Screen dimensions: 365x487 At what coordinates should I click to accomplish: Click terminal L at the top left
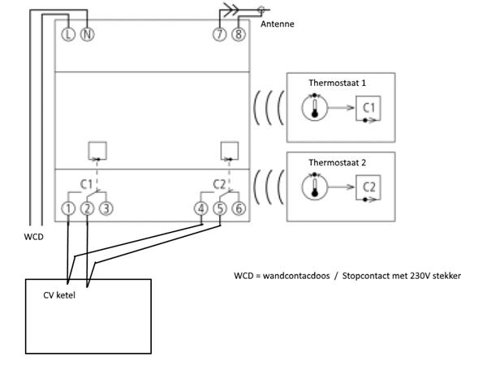(x=68, y=35)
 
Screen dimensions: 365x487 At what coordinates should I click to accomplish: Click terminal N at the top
(x=87, y=35)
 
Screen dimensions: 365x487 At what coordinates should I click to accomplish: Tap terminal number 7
(x=220, y=35)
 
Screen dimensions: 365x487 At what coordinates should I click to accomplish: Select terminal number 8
(x=238, y=35)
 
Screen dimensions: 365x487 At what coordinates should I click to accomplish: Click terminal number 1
(x=68, y=208)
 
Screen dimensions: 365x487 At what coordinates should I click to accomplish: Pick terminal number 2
(x=87, y=208)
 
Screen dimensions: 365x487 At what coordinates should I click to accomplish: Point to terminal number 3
(x=106, y=208)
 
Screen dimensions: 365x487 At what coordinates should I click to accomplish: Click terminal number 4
(x=201, y=208)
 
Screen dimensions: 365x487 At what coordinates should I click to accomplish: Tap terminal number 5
(x=219, y=208)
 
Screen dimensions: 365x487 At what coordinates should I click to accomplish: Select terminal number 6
(x=238, y=208)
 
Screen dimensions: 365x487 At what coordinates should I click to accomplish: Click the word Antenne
(x=278, y=24)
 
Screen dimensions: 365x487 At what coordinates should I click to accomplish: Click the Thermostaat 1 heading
(x=337, y=84)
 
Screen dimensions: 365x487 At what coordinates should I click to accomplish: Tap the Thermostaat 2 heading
(x=337, y=163)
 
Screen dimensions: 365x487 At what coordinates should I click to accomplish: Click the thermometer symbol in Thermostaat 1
(x=314, y=109)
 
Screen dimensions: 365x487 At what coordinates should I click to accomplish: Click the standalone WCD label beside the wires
(x=34, y=238)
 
